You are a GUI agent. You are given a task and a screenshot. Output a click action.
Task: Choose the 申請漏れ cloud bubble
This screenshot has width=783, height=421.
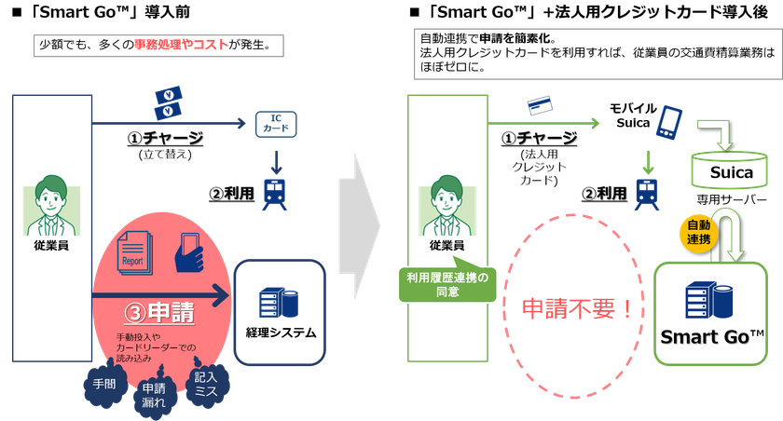point(152,392)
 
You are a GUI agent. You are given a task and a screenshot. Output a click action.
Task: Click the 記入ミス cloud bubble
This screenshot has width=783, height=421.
point(205,383)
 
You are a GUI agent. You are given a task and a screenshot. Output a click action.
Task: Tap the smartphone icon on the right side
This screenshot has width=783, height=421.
point(671,124)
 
